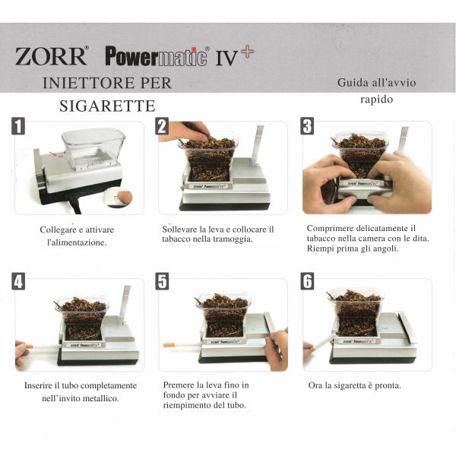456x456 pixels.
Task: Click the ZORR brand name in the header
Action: point(51,55)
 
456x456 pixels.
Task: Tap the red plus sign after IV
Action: point(248,52)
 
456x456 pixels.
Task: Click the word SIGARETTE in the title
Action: point(107,106)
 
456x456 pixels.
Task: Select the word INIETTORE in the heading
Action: point(90,83)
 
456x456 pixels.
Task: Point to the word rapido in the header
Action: point(377,100)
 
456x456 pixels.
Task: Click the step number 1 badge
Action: point(18,126)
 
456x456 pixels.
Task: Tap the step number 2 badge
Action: point(162,126)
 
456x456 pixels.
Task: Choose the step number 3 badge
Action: point(307,126)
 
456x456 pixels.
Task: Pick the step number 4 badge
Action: point(18,281)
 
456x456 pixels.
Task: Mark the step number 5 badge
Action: point(162,281)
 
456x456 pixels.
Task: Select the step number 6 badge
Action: point(307,281)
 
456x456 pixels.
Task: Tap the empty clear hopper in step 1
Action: point(93,148)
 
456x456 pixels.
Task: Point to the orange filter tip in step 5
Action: point(169,345)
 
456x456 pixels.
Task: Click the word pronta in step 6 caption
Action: point(388,386)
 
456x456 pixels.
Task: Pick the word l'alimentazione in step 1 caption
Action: point(77,242)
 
